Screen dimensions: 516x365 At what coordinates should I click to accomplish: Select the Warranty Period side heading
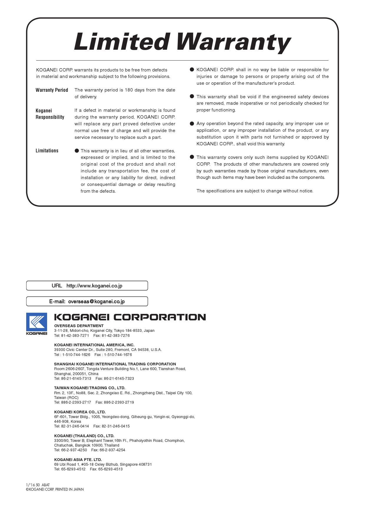(x=52, y=90)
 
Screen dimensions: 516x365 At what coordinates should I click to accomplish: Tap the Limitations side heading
(x=47, y=151)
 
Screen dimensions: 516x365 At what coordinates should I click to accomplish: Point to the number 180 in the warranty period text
(x=129, y=90)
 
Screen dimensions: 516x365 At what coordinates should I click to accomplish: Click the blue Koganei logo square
(x=36, y=322)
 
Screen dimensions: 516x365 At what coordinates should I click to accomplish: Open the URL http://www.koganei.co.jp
(x=94, y=286)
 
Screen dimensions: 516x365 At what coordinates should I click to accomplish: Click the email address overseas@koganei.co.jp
(x=96, y=302)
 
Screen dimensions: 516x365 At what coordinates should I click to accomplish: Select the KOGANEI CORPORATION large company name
(x=130, y=317)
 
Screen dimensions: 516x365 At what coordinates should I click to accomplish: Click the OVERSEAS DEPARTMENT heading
(x=79, y=326)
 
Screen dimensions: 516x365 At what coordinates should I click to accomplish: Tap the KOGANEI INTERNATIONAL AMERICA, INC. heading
(x=94, y=345)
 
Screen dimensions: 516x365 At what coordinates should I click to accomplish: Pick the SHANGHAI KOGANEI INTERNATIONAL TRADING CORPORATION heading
(x=115, y=364)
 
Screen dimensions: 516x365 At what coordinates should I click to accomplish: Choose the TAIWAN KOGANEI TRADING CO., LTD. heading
(x=90, y=388)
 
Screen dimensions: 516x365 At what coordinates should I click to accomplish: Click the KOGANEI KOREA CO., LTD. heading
(x=80, y=412)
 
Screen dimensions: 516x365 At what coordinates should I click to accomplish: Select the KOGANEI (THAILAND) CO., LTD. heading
(x=84, y=436)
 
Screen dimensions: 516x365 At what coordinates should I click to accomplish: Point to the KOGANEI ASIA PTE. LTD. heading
(x=78, y=460)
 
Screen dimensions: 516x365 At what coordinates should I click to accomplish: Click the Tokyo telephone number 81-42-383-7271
(x=75, y=335)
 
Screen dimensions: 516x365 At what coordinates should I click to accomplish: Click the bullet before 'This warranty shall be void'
(x=192, y=96)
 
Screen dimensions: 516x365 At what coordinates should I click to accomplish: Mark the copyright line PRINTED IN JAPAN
(x=55, y=490)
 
